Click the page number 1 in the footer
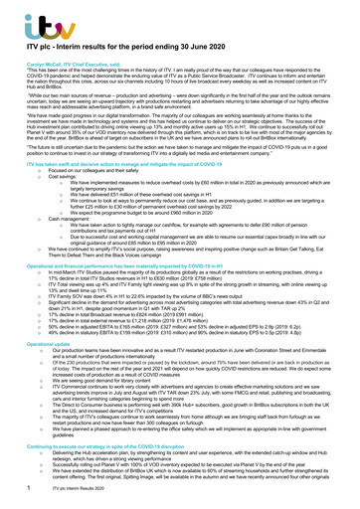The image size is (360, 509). [12, 499]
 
